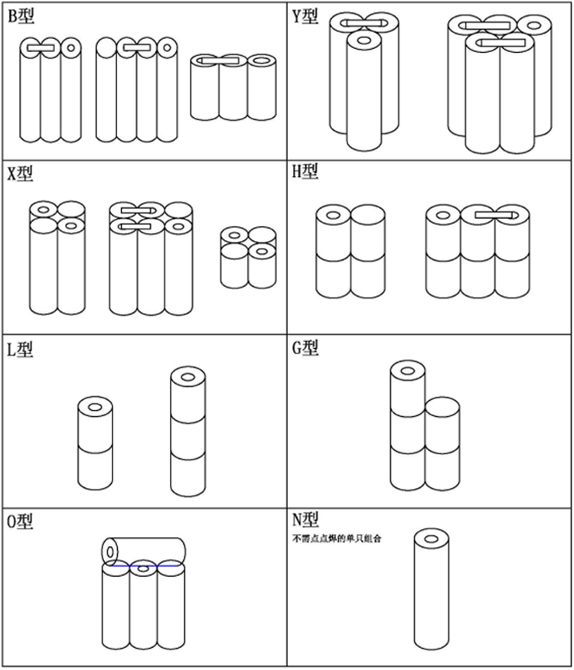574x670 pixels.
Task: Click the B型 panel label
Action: [21, 16]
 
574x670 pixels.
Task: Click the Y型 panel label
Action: [305, 16]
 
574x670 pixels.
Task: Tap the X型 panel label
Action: [21, 174]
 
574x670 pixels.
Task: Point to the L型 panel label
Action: [21, 350]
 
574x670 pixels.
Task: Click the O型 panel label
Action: [21, 522]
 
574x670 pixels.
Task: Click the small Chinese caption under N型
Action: [337, 538]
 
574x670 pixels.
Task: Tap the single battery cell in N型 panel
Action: [432, 589]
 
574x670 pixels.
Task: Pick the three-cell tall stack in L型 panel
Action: [188, 432]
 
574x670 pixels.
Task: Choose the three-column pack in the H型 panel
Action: [478, 252]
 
